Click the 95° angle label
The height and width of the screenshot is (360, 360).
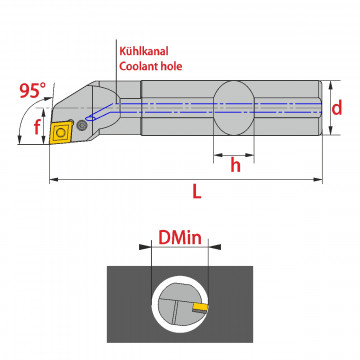[32, 91]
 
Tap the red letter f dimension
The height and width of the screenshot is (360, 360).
[37, 127]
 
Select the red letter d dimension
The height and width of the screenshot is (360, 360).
[337, 108]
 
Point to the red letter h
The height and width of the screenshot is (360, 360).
[235, 165]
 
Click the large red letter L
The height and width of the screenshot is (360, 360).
[197, 191]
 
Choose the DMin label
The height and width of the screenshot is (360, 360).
[180, 238]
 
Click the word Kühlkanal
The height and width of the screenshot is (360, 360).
[144, 51]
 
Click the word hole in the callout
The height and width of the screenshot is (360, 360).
[170, 66]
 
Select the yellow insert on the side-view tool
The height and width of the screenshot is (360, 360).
[60, 132]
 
